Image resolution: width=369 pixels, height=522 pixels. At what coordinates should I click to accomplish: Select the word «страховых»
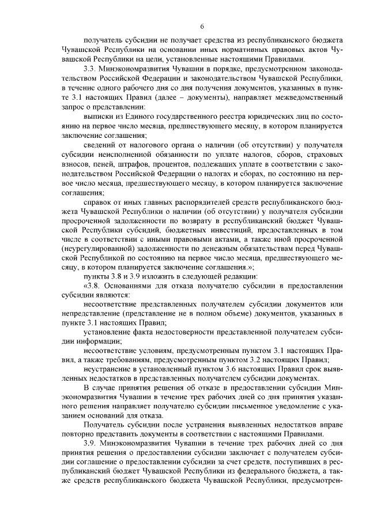point(323,155)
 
